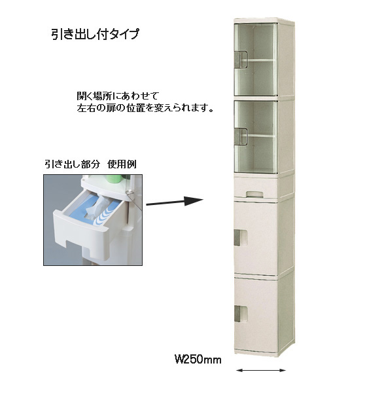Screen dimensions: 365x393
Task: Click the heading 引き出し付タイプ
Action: click(95, 33)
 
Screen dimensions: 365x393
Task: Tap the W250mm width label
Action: click(198, 360)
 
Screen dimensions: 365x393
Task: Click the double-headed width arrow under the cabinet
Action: click(260, 370)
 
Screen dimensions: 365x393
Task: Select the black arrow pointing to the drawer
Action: click(175, 202)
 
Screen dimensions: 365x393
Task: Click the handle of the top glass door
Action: click(241, 60)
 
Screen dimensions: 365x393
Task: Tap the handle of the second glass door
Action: click(241, 137)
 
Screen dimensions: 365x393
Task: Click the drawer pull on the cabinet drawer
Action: click(254, 193)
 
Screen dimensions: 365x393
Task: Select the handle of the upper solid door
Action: click(241, 237)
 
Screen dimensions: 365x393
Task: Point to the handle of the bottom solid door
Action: click(241, 314)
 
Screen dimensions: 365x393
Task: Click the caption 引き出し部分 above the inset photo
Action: click(73, 164)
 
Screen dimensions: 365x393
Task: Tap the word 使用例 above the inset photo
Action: click(122, 164)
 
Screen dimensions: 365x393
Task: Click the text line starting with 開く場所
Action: click(118, 96)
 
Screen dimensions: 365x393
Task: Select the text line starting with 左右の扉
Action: click(145, 108)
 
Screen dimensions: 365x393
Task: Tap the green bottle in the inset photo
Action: click(114, 178)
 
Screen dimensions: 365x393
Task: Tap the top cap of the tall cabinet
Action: click(263, 20)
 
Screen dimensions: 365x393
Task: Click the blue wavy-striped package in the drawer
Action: click(106, 212)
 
